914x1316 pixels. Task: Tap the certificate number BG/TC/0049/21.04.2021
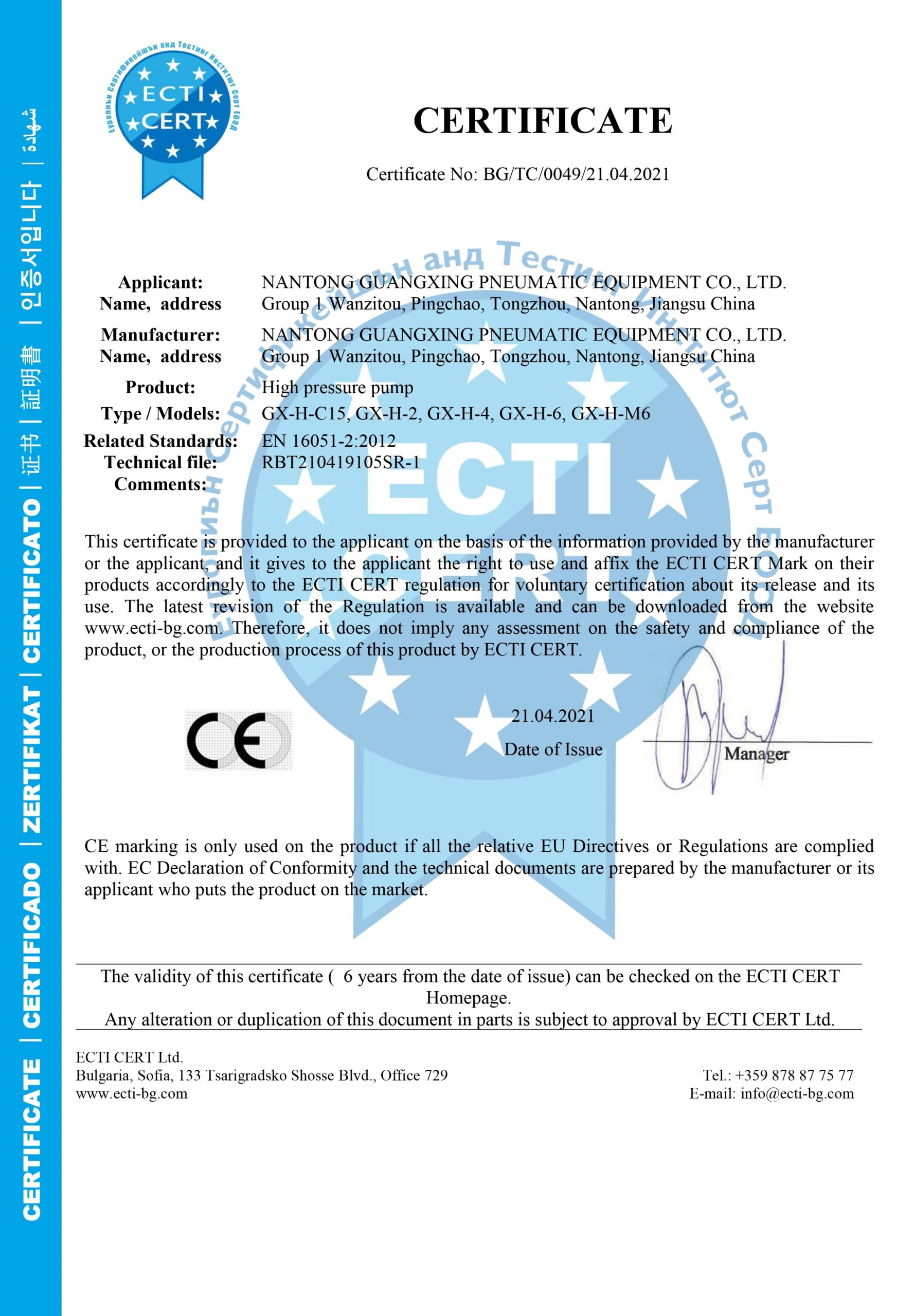(x=576, y=174)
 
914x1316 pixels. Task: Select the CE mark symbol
(x=238, y=740)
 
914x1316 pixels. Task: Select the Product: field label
(x=160, y=388)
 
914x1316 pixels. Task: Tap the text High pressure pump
(x=337, y=388)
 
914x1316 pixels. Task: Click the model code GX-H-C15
(x=304, y=413)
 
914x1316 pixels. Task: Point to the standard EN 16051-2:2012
(x=329, y=440)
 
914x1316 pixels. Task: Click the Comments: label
(x=160, y=484)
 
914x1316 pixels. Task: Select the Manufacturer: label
(x=160, y=335)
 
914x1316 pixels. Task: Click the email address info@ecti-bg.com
(x=797, y=1094)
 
